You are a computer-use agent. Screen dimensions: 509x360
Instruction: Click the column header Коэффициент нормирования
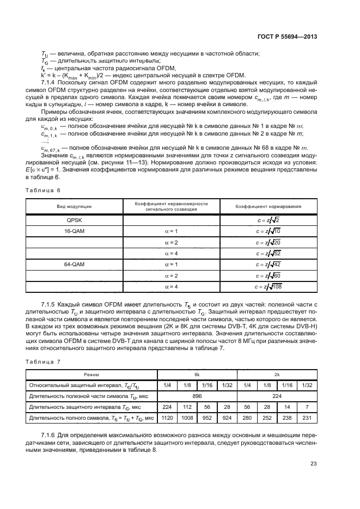pos(269,206)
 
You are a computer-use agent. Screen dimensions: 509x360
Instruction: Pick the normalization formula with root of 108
pos(268,286)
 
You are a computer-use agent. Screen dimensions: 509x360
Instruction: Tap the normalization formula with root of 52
pos(268,253)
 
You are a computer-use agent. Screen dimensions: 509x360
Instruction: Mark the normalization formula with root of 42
pos(268,264)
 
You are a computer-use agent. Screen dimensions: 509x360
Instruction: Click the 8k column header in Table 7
pos(197,375)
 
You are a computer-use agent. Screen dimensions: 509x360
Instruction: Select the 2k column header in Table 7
pos(277,375)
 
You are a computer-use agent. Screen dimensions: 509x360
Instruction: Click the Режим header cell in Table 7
pos(91,375)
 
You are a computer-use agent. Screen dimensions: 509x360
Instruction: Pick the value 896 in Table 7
pos(197,396)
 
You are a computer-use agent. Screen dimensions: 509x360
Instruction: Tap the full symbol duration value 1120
pos(167,418)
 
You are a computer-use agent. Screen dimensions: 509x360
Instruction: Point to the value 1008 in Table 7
pos(187,418)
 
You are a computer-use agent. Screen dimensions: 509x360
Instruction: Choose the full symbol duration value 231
pos(307,418)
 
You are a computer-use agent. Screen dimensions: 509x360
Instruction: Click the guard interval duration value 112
pos(187,407)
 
